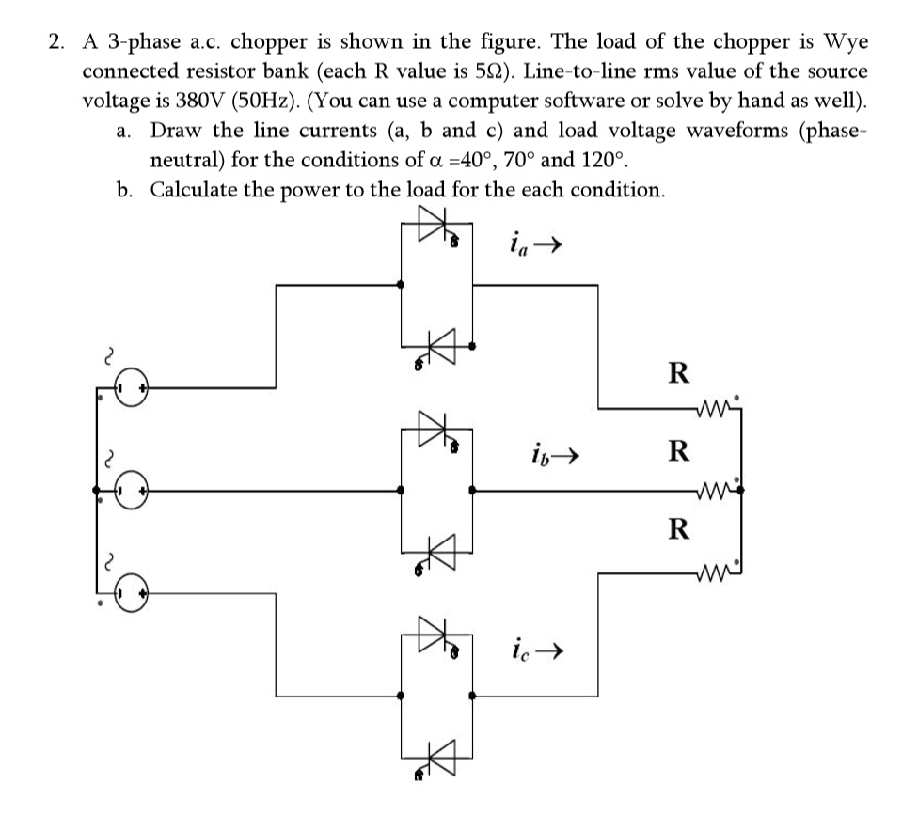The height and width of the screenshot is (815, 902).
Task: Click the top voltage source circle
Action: point(133,387)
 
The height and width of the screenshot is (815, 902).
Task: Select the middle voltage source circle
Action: point(133,490)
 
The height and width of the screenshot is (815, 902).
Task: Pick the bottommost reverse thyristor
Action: point(438,750)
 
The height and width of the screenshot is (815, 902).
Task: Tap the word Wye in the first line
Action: point(845,42)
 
